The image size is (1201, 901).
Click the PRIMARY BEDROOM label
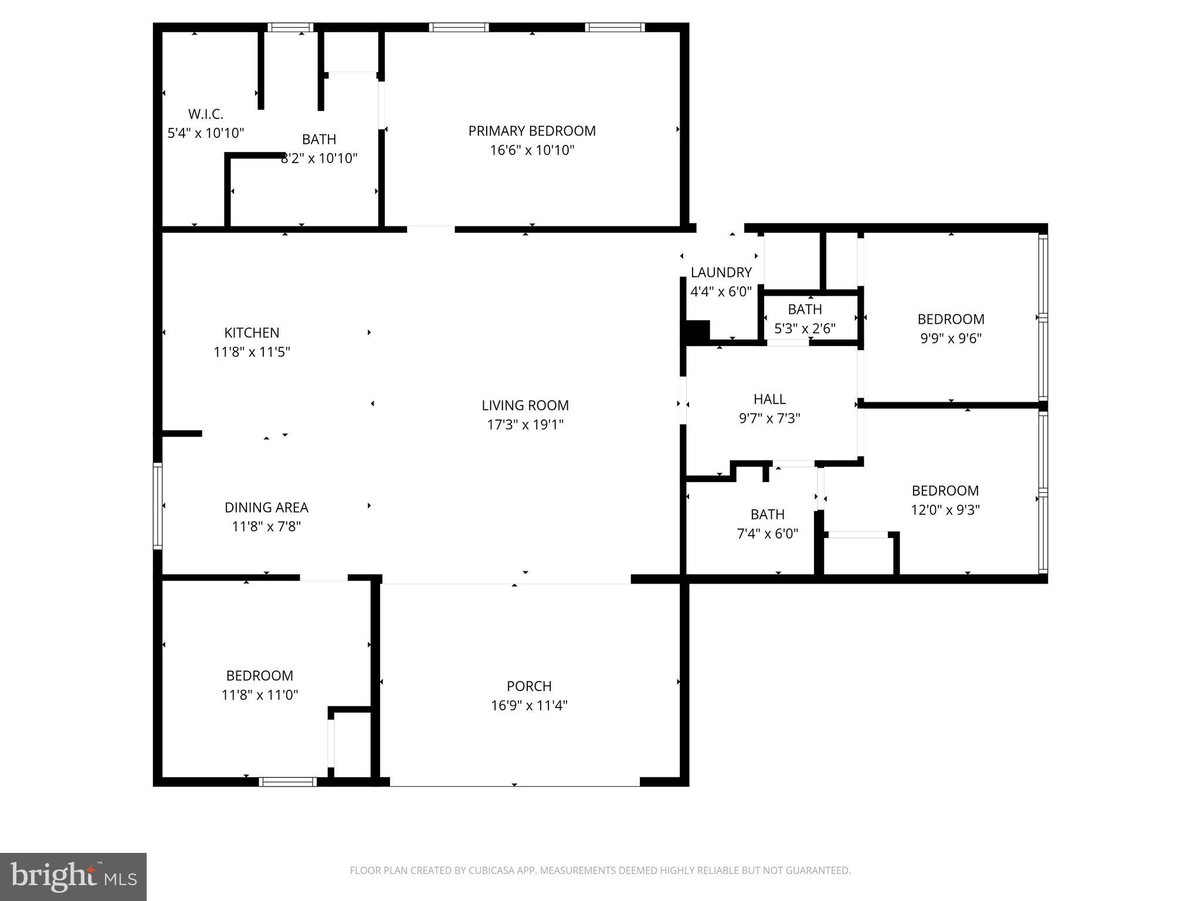coord(532,131)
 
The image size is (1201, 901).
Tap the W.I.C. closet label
coord(205,114)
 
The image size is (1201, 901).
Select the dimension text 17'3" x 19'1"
coord(525,425)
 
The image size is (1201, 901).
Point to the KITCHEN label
coord(252,333)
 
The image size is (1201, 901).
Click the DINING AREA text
coord(266,507)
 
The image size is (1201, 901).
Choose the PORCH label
coord(529,686)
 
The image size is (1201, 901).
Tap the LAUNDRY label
coord(721,272)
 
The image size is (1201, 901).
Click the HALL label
coord(769,399)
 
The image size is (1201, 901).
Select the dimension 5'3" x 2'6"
coord(805,328)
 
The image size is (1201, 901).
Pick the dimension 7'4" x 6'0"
coord(767,534)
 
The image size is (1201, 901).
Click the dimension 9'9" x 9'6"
coord(951,338)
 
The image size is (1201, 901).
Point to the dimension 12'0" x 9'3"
coord(945,510)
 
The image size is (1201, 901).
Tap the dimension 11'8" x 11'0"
coord(260,695)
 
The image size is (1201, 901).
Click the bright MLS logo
coord(73,876)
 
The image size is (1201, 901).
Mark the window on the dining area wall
coord(158,506)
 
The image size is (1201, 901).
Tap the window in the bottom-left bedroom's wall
coord(287,781)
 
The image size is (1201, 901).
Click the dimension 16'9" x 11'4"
coord(529,705)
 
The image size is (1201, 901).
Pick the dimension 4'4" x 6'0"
coord(721,292)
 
